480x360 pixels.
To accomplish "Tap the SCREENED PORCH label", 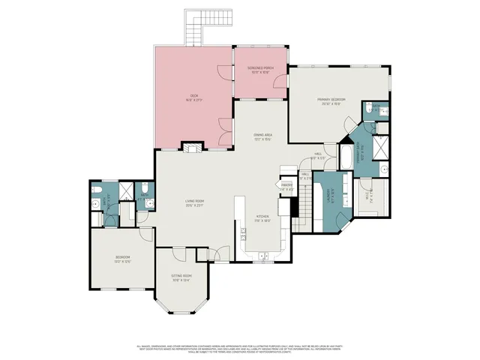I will click(x=260, y=70).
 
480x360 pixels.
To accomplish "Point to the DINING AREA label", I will click(x=262, y=137).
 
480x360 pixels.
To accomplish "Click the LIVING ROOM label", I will click(x=195, y=202).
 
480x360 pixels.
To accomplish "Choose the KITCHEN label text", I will click(x=262, y=220).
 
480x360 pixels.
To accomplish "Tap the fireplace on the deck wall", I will click(x=193, y=148).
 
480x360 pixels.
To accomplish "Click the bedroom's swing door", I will click(x=145, y=235).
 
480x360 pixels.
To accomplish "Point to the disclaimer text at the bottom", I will click(x=240, y=349).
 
